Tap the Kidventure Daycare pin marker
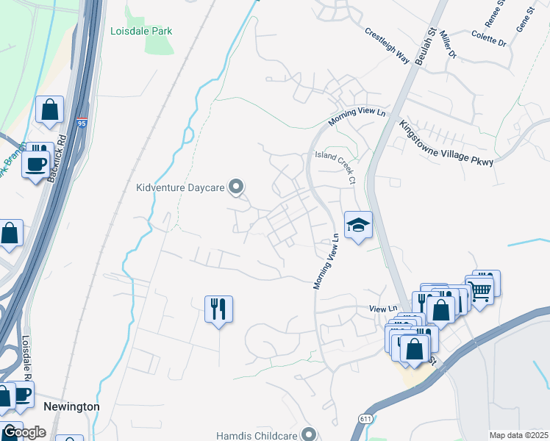pos(236,187)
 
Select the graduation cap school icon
pos(358,226)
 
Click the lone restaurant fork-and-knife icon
pos(218,308)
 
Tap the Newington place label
pos(71,406)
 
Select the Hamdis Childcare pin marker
pos(308,434)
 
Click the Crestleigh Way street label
pos(387,46)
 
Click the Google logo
pos(24,432)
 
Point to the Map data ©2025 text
pos(518,435)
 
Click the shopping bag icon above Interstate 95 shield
pos(49,110)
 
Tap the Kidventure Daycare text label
pos(179,187)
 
